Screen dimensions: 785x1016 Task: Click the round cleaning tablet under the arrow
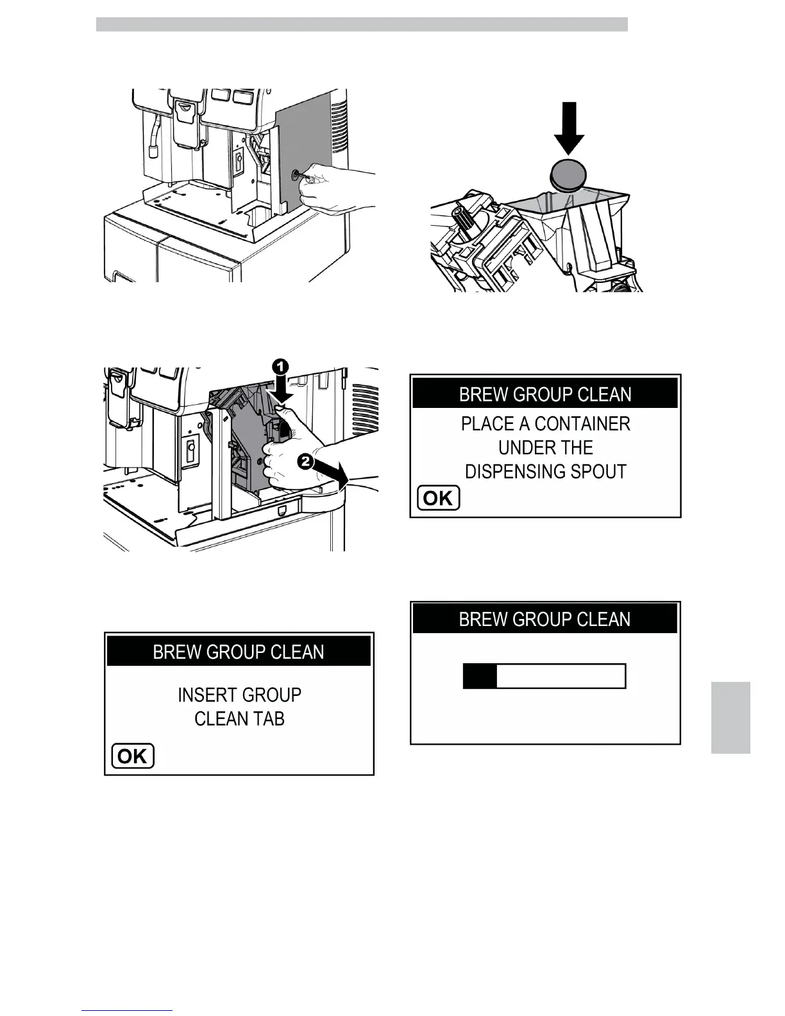(x=569, y=174)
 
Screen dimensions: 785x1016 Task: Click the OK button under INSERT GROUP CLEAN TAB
(x=133, y=756)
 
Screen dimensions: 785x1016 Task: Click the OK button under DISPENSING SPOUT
(x=439, y=498)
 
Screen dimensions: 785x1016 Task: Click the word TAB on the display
(x=269, y=719)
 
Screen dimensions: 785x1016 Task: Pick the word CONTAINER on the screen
(x=582, y=424)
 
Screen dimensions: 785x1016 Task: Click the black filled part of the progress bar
(x=480, y=676)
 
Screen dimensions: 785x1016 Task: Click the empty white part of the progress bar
(x=560, y=676)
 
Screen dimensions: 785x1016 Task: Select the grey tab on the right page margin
(x=730, y=717)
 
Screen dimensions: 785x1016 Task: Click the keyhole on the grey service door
(x=296, y=174)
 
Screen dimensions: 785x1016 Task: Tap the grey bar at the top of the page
(x=362, y=24)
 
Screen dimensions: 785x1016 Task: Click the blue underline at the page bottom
(x=127, y=1011)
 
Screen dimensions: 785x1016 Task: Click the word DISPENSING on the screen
(x=504, y=471)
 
